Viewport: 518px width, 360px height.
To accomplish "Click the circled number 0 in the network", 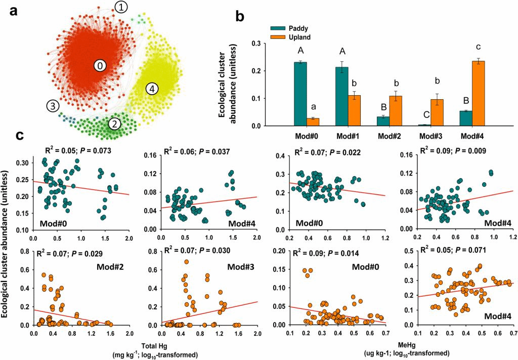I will coord(101,65).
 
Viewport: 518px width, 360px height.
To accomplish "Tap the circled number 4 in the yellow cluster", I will coord(152,89).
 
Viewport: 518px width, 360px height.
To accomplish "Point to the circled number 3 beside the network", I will coord(53,106).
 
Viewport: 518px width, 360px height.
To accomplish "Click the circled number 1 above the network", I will coord(121,7).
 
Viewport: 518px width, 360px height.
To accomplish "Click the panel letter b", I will coord(241,17).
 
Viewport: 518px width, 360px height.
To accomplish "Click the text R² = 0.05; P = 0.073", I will coord(77,151).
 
